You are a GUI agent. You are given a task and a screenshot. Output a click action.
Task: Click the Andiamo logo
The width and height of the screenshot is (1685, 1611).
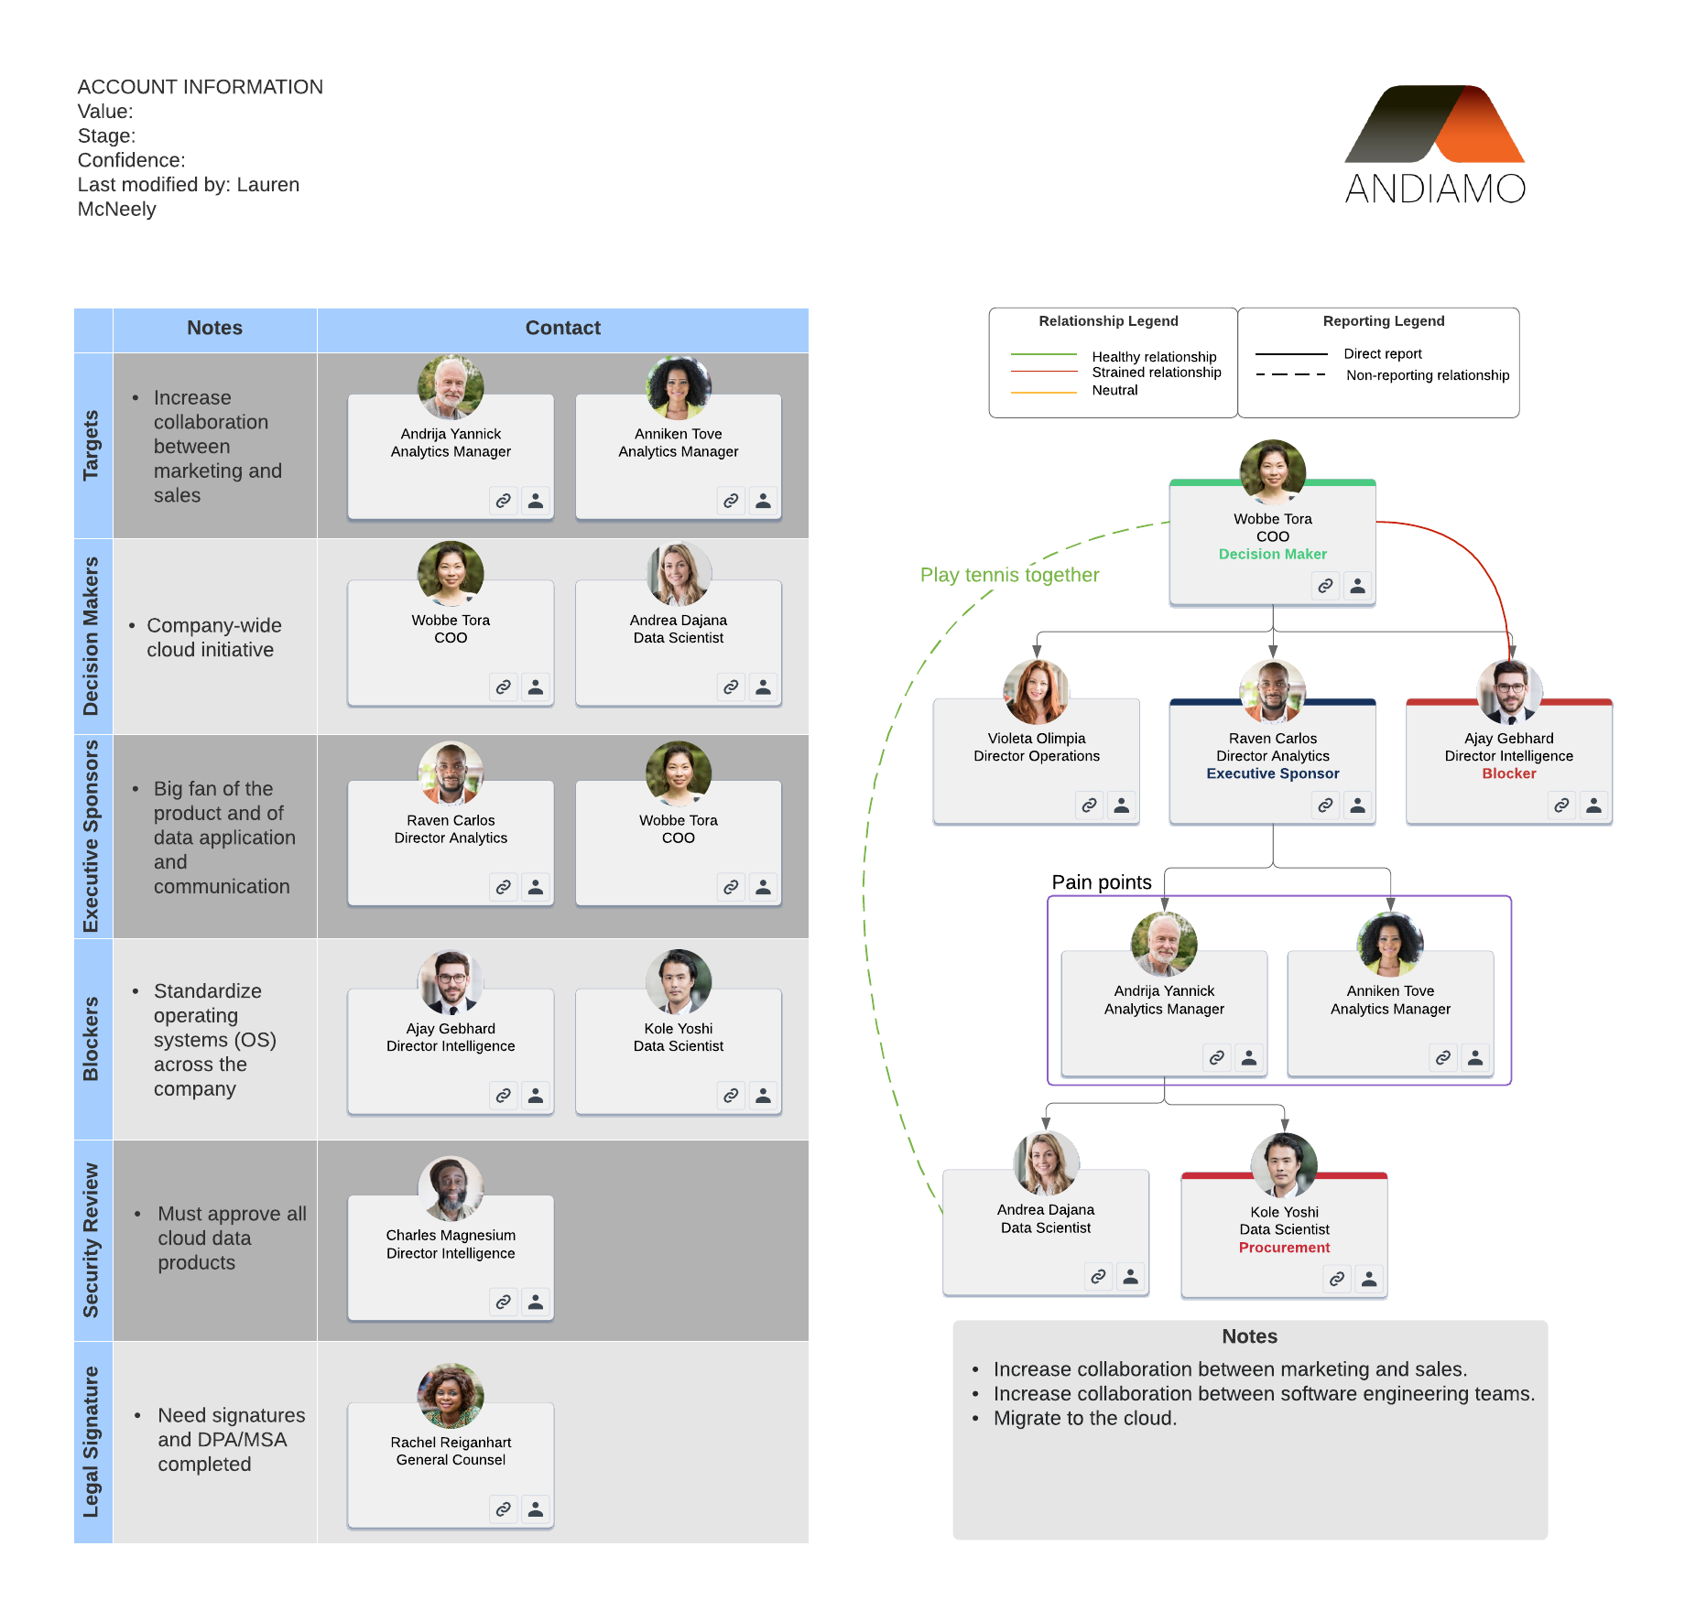(x=1435, y=145)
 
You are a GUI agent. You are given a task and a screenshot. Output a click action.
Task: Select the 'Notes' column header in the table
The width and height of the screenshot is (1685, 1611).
(x=214, y=328)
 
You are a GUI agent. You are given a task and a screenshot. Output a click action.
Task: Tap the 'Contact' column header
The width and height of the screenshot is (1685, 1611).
(x=562, y=328)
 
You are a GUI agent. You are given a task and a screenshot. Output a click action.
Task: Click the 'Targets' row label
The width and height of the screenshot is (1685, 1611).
(x=91, y=445)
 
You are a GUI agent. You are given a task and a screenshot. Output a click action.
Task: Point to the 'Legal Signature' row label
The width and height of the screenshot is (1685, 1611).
(x=91, y=1442)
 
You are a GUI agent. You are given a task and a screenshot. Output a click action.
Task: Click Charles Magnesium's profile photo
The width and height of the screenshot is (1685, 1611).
(x=451, y=1188)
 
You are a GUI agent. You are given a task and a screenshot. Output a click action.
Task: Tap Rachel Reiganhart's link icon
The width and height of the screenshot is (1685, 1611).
(x=504, y=1509)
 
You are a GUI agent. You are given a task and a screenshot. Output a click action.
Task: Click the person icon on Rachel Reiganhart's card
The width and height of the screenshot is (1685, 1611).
(x=536, y=1509)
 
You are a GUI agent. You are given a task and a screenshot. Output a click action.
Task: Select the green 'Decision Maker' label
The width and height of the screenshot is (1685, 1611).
(x=1272, y=554)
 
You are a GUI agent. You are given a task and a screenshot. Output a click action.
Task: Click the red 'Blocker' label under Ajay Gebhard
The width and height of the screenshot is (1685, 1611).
(x=1508, y=773)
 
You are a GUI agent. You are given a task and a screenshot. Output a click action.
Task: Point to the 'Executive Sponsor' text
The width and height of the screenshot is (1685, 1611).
(x=1272, y=773)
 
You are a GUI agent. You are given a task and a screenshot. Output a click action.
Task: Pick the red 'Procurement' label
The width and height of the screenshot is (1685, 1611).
(x=1284, y=1248)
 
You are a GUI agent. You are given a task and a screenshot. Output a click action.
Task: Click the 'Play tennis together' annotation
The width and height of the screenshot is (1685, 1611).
(x=1009, y=575)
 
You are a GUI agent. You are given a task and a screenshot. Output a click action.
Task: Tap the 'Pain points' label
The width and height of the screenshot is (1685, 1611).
(x=1101, y=882)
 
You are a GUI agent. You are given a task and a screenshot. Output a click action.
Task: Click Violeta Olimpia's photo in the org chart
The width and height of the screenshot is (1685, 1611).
(x=1036, y=692)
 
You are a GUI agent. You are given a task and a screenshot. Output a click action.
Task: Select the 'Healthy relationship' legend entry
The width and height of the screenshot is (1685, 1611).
(x=1154, y=356)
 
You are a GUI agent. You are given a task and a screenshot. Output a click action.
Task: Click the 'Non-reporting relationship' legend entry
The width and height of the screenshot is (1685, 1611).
(x=1428, y=375)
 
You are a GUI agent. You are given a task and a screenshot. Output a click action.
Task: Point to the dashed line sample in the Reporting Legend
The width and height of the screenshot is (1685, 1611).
(x=1290, y=374)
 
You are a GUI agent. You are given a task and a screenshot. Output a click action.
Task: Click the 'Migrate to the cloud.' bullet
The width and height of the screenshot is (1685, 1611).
(x=1085, y=1419)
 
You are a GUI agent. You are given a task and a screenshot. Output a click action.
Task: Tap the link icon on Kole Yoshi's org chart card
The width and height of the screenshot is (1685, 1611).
(x=1337, y=1279)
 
